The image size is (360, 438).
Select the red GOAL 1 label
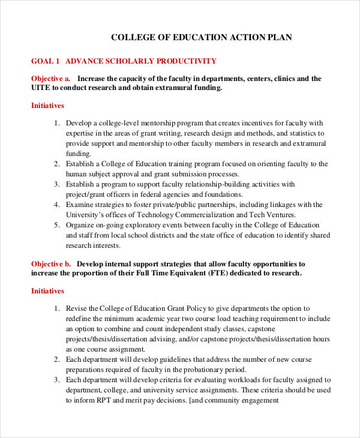click(x=46, y=61)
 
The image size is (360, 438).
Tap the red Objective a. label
click(x=51, y=79)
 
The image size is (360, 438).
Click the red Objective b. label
click(x=51, y=263)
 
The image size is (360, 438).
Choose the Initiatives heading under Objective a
click(x=47, y=106)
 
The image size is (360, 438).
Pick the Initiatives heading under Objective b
click(x=47, y=291)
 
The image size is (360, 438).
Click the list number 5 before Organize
click(x=57, y=225)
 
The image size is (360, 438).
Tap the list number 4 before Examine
click(x=57, y=205)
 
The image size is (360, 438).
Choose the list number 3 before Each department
click(x=57, y=380)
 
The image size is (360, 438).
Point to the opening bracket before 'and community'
click(x=191, y=400)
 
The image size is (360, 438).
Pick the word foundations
click(x=220, y=194)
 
